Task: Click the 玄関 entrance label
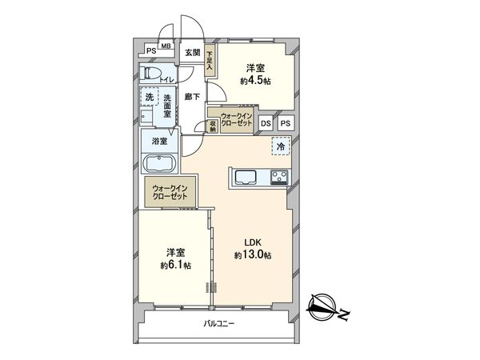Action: click(192, 53)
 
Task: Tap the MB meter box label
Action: click(166, 46)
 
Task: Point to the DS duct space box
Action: click(266, 123)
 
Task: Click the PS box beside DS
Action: click(286, 123)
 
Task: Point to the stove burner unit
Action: click(280, 178)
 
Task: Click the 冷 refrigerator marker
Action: click(281, 147)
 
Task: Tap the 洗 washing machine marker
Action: click(148, 98)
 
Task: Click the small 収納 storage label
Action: click(213, 126)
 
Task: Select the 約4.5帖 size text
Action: click(257, 81)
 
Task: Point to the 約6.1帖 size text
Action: click(175, 265)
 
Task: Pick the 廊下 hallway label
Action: click(192, 97)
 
